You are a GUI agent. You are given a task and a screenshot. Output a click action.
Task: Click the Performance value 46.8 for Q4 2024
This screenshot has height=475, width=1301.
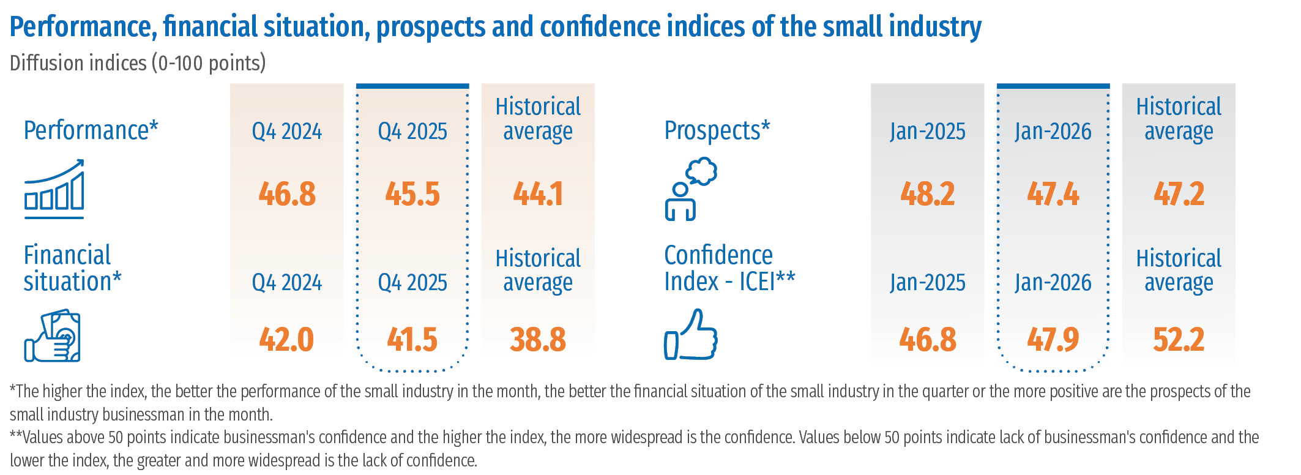pyautogui.click(x=287, y=194)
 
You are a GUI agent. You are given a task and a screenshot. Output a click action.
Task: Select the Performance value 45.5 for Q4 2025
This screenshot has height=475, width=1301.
pyautogui.click(x=412, y=194)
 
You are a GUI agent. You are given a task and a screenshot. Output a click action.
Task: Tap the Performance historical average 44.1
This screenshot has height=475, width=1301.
pyautogui.click(x=538, y=194)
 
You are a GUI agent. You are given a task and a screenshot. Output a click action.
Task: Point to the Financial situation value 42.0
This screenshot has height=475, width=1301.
pyautogui.click(x=286, y=340)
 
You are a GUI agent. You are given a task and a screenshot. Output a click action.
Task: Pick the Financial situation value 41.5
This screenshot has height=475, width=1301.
pyautogui.click(x=412, y=340)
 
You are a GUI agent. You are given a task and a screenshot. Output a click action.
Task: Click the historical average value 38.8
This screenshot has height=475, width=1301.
pyautogui.click(x=538, y=340)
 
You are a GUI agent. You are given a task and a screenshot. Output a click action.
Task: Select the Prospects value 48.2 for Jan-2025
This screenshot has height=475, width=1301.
pyautogui.click(x=927, y=194)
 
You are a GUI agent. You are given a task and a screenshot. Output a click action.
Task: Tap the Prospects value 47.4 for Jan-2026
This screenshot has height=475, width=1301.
pyautogui.click(x=1053, y=194)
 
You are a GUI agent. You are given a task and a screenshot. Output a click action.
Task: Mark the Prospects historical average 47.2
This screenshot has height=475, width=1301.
pyautogui.click(x=1179, y=194)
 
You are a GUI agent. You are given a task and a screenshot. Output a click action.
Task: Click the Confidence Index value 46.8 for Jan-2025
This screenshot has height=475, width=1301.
pyautogui.click(x=927, y=340)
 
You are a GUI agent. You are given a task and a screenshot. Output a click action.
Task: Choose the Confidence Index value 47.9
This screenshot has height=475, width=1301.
pyautogui.click(x=1053, y=340)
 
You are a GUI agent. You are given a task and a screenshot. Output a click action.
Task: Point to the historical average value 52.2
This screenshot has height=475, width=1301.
pyautogui.click(x=1179, y=340)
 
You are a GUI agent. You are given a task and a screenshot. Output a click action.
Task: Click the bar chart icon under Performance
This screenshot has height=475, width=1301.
pyautogui.click(x=54, y=189)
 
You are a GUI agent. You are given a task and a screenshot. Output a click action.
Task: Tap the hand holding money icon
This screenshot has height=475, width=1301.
pyautogui.click(x=53, y=336)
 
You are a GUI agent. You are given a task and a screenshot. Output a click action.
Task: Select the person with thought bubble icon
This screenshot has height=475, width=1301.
pyautogui.click(x=690, y=189)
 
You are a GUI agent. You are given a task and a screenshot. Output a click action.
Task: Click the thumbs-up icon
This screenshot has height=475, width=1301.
pyautogui.click(x=691, y=335)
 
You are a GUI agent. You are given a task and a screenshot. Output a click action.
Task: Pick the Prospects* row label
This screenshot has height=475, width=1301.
pyautogui.click(x=717, y=131)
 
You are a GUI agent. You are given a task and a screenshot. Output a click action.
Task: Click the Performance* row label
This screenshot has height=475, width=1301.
pyautogui.click(x=91, y=131)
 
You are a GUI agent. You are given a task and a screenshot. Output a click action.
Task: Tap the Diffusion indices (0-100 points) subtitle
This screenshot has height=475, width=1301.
pyautogui.click(x=138, y=63)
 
